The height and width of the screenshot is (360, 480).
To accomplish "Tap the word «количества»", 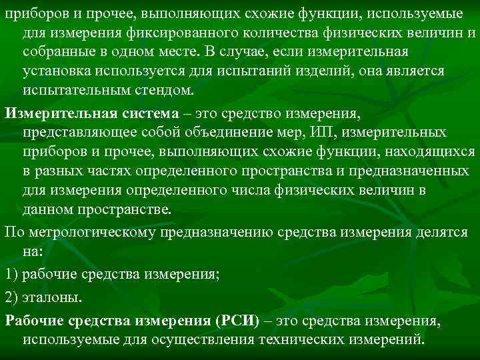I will [252, 33].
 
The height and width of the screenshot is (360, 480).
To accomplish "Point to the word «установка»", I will [58, 71].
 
